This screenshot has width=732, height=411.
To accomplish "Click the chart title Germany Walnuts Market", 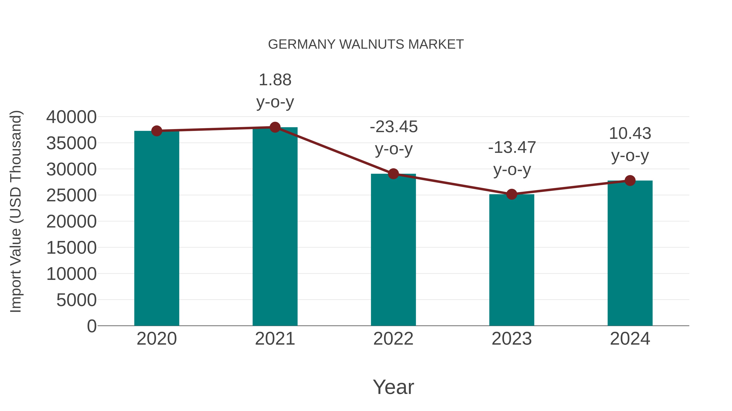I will [x=366, y=44].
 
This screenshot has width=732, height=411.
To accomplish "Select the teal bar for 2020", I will [x=157, y=228].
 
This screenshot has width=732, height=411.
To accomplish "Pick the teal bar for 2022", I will [x=393, y=250].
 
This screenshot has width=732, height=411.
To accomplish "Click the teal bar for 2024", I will [x=630, y=253].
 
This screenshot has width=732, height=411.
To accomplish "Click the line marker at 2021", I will [x=275, y=127].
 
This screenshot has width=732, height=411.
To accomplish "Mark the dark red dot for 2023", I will [x=512, y=194].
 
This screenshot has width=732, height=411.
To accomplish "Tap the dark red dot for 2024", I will [x=630, y=180].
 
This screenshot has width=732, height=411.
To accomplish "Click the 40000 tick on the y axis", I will [x=71, y=117].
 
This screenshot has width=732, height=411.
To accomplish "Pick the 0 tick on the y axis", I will [x=92, y=326].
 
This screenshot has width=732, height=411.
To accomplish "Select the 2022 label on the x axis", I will [x=393, y=339].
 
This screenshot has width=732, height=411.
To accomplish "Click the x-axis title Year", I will [x=393, y=387].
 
